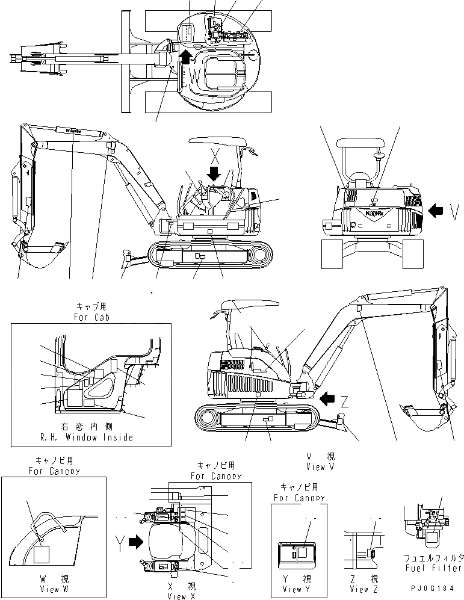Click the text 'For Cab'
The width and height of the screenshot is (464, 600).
point(89,317)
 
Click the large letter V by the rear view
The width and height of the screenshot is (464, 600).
point(454,211)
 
